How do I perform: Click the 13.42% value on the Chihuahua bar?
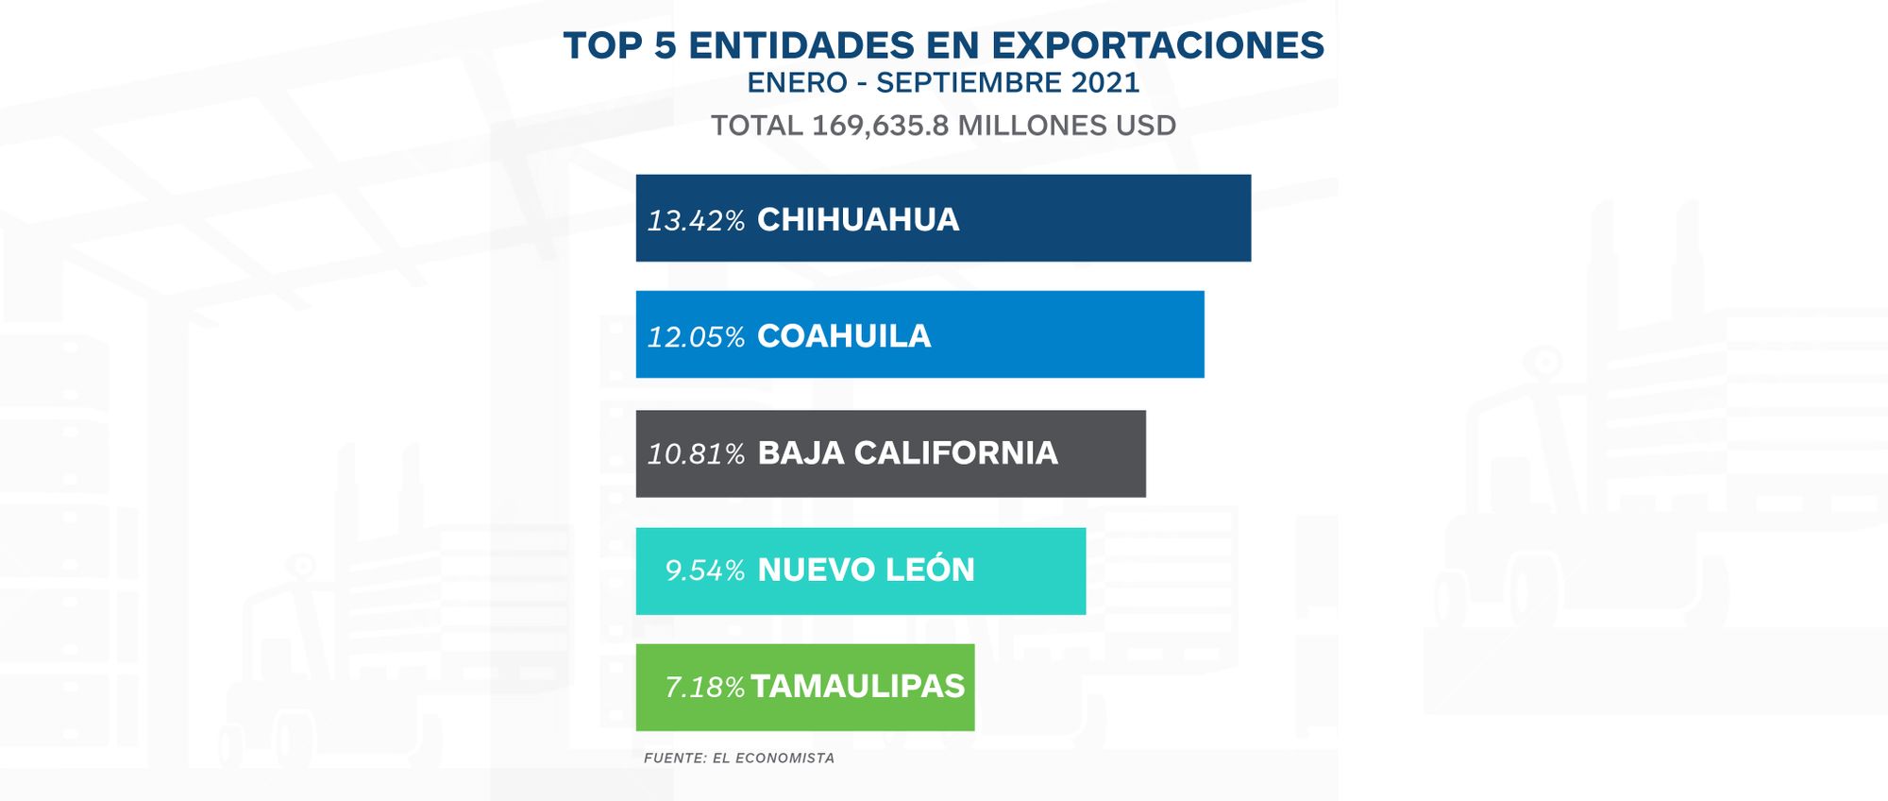[x=696, y=220]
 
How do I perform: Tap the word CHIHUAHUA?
[x=858, y=219]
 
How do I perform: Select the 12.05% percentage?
[x=696, y=336]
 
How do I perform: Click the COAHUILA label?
[x=844, y=335]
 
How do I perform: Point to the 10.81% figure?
[x=696, y=453]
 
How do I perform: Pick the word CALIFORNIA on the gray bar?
[x=955, y=452]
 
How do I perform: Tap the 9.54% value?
[x=704, y=571]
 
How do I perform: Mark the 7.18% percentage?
[x=704, y=687]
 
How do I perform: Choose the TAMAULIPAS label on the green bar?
[x=857, y=686]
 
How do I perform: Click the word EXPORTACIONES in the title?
[x=1158, y=45]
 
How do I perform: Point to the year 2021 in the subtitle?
[x=1105, y=83]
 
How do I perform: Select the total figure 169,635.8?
[x=880, y=126]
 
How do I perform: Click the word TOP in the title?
[x=602, y=45]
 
